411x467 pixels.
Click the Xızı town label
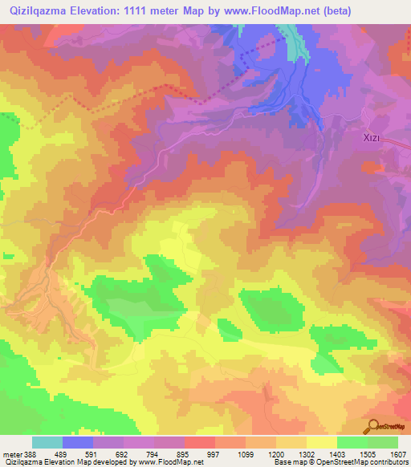click(371, 138)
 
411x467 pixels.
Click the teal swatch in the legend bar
click(47, 442)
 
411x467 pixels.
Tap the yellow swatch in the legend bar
click(322, 442)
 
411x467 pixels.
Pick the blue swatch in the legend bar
click(78, 442)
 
